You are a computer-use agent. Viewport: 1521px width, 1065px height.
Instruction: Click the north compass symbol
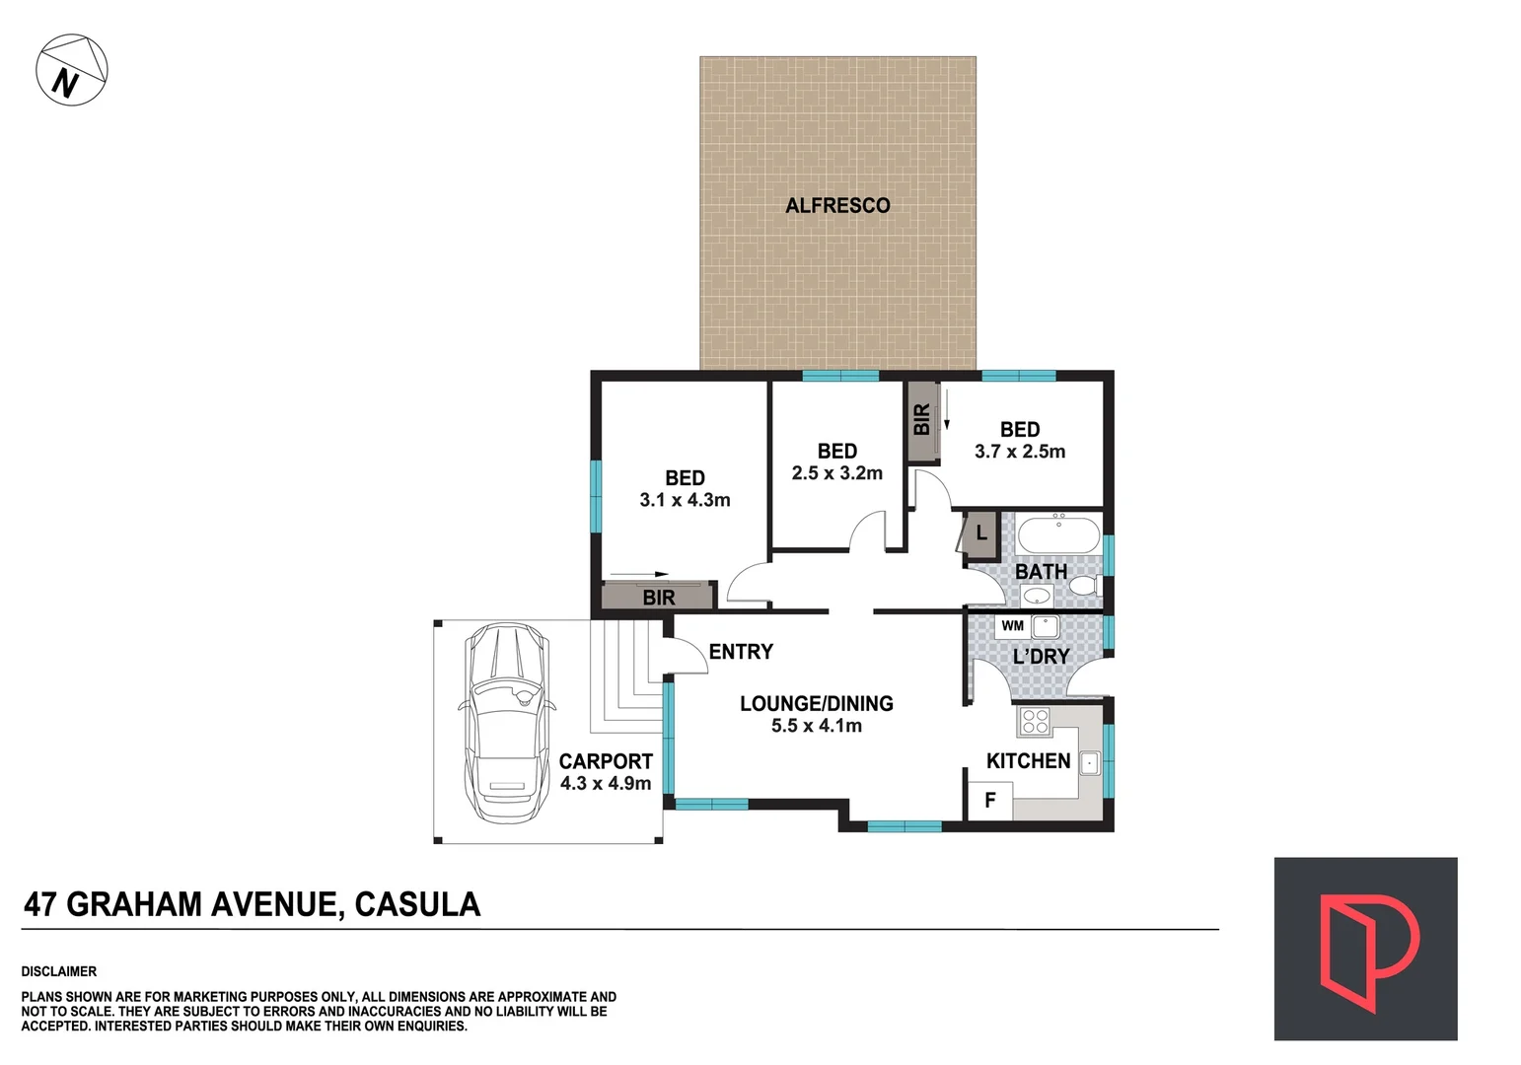(71, 71)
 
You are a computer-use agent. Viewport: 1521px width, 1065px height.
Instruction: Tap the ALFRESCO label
(837, 205)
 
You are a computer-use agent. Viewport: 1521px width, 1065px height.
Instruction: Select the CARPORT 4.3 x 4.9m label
(606, 772)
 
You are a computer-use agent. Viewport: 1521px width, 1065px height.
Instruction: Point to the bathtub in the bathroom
(1057, 536)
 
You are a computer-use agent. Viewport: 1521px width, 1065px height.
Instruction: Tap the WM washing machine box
(1012, 626)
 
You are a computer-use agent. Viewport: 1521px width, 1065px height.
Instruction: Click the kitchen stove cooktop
(1035, 722)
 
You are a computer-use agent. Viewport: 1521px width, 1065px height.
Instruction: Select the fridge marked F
(990, 800)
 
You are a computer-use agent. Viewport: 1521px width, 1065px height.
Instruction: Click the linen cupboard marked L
(981, 533)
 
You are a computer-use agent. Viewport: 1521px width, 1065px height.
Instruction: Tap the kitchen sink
(1089, 762)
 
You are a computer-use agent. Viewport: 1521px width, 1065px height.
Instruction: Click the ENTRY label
(741, 652)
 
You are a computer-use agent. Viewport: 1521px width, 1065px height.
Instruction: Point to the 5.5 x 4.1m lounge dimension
(816, 727)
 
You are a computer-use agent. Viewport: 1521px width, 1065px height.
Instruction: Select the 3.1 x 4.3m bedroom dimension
(685, 500)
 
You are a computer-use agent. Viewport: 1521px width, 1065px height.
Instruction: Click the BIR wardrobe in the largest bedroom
(658, 597)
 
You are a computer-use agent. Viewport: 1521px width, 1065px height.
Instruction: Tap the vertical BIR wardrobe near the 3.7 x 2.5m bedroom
(921, 420)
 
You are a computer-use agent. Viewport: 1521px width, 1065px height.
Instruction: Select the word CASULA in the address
(417, 904)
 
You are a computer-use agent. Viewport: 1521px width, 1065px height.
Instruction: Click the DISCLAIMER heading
(59, 971)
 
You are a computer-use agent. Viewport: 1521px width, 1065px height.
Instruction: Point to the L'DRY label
(1041, 656)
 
